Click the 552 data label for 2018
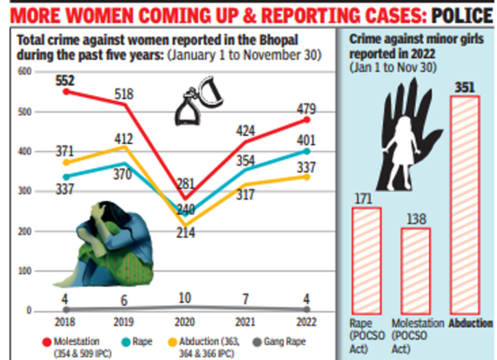point(66,80)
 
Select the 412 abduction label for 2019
point(124,137)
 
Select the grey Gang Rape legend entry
point(266,338)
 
